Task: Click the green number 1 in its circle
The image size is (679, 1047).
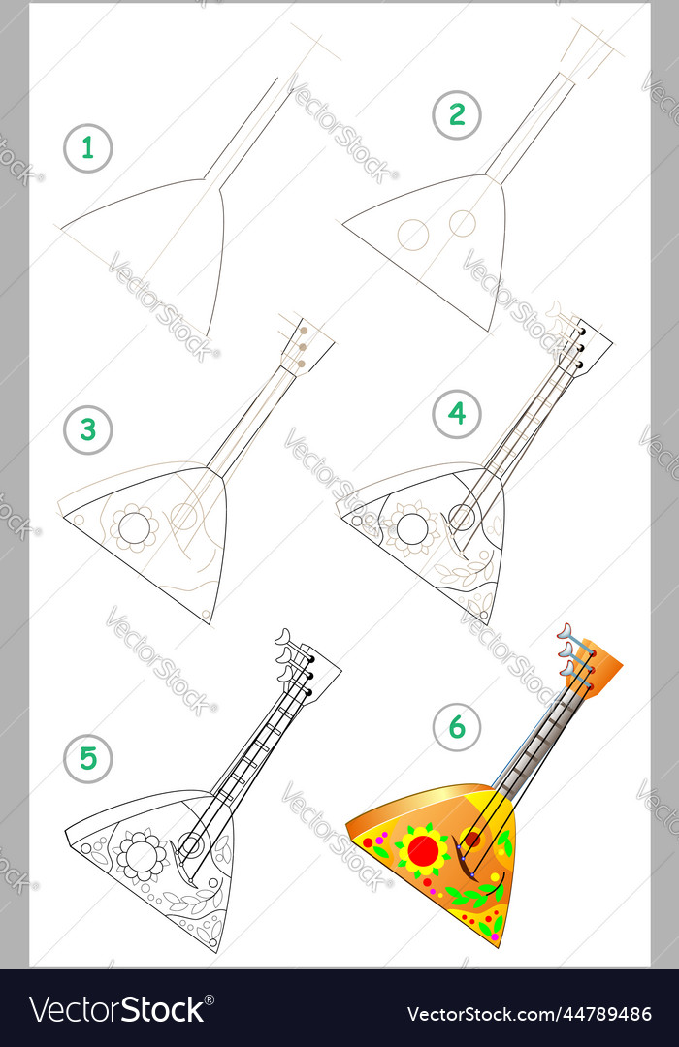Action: (x=87, y=148)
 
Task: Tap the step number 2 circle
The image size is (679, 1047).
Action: (x=457, y=114)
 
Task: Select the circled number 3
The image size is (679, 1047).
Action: (x=87, y=430)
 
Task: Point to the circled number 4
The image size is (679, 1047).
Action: (x=457, y=414)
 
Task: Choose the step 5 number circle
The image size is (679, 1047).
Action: (x=87, y=758)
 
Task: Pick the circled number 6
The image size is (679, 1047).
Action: (x=457, y=726)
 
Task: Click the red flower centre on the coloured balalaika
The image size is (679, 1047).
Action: (x=424, y=850)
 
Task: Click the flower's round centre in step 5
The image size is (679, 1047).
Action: (x=141, y=855)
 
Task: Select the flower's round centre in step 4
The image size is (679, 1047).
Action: (x=411, y=529)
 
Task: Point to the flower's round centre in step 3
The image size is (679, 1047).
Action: (x=134, y=528)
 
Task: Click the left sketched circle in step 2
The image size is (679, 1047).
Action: (x=413, y=235)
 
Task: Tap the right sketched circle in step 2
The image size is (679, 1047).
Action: (x=462, y=224)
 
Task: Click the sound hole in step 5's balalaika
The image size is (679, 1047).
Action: (x=191, y=845)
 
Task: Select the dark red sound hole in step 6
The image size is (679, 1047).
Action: (x=472, y=839)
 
